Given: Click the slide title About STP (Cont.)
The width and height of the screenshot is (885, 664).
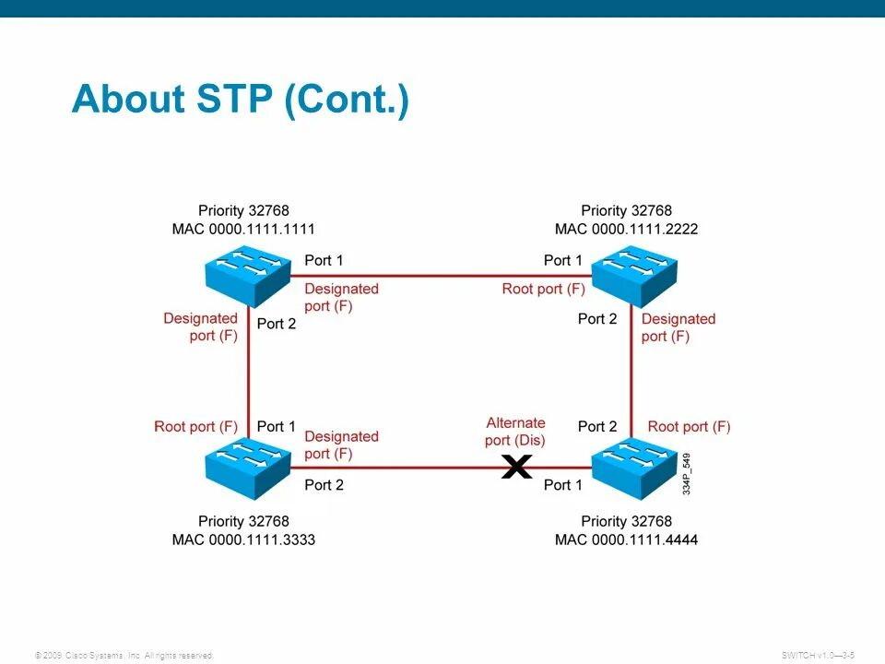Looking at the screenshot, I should click(240, 100).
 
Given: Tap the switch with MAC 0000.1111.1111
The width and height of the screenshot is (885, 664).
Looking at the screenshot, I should click(246, 274).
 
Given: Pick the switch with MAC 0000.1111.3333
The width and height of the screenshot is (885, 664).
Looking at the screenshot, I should click(246, 468).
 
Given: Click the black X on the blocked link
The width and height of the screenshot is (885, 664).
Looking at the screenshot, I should click(517, 468).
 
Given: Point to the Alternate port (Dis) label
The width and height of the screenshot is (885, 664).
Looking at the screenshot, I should click(516, 431).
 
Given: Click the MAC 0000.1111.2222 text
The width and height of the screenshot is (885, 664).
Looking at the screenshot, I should click(626, 229).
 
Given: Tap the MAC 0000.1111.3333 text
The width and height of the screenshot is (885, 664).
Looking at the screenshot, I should click(243, 539).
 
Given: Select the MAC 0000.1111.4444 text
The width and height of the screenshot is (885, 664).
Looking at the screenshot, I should click(626, 539).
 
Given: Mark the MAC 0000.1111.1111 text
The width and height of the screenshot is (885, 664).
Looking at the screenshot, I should click(243, 229).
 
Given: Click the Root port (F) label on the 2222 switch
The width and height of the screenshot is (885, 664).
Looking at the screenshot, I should click(543, 289).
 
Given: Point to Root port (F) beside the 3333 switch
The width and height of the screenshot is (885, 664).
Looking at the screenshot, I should click(195, 426).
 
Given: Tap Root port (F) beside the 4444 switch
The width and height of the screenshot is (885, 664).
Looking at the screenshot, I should click(689, 426).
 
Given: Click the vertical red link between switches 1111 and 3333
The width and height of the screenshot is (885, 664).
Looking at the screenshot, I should click(247, 369).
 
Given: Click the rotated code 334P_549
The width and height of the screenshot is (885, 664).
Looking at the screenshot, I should click(687, 474).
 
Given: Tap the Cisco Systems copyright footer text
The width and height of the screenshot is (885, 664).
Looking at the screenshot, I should click(124, 656).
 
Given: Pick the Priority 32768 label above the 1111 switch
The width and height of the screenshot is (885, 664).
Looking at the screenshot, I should click(243, 211).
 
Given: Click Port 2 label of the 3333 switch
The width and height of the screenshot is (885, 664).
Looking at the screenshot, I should click(324, 485).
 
